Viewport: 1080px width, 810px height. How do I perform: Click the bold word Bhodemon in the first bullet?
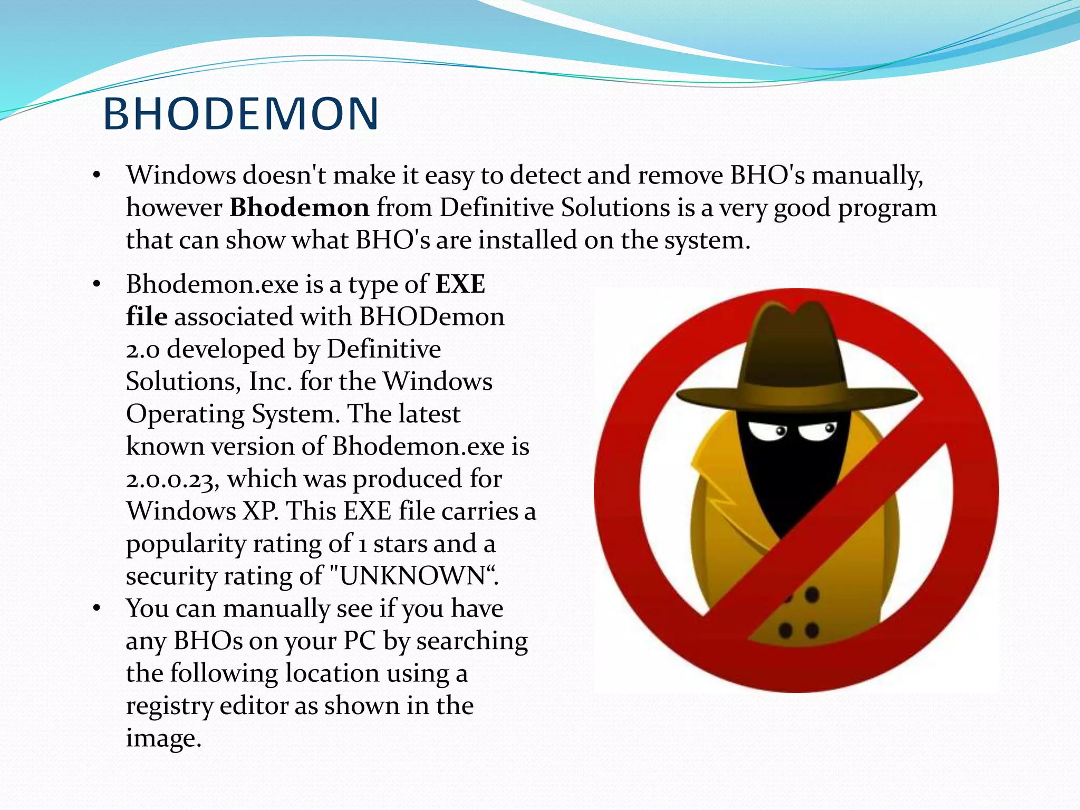[x=299, y=207]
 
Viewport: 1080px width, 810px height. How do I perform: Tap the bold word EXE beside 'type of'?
[x=460, y=284]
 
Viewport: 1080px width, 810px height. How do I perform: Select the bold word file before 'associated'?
[x=147, y=316]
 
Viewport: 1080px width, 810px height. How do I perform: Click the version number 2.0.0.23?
[x=172, y=479]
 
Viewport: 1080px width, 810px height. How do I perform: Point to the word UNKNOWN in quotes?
[x=412, y=576]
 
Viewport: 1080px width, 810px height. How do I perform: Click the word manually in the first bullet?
[x=867, y=176]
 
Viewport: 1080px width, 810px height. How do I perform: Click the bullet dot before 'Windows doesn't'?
[x=96, y=176]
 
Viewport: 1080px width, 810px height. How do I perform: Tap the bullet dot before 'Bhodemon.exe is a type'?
[x=96, y=285]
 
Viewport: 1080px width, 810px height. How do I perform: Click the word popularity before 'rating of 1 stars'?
[x=185, y=544]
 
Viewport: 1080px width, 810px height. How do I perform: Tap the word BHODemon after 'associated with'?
[x=432, y=317]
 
